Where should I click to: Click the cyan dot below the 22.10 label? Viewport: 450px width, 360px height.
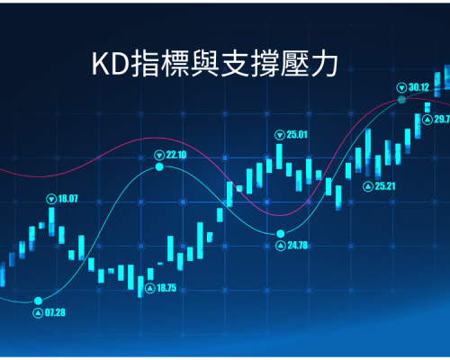[159, 166]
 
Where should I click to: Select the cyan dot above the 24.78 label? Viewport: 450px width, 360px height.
[281, 233]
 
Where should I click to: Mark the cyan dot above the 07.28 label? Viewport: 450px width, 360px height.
[38, 301]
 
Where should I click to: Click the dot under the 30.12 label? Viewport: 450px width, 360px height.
[401, 100]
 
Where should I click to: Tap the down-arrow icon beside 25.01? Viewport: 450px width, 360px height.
[280, 135]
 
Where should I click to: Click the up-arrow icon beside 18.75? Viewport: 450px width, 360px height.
[150, 289]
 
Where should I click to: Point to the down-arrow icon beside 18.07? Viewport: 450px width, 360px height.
[51, 199]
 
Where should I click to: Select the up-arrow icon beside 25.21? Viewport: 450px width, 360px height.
[368, 186]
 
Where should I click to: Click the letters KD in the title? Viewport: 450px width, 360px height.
[110, 64]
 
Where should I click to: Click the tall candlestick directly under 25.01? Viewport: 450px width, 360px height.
[279, 157]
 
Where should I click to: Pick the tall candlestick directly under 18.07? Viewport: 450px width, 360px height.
[51, 221]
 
